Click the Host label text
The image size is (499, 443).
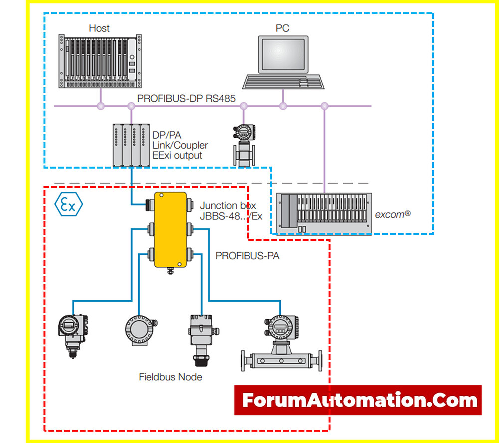[99, 28]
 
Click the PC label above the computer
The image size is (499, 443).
[282, 28]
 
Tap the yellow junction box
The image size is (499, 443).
[170, 230]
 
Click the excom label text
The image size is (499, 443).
[393, 214]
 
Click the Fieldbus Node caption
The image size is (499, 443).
[170, 377]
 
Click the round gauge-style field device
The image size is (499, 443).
[140, 330]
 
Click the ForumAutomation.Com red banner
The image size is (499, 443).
[357, 400]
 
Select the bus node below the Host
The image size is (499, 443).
[101, 106]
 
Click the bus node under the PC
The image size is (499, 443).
[283, 106]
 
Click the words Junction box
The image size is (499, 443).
[221, 205]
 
